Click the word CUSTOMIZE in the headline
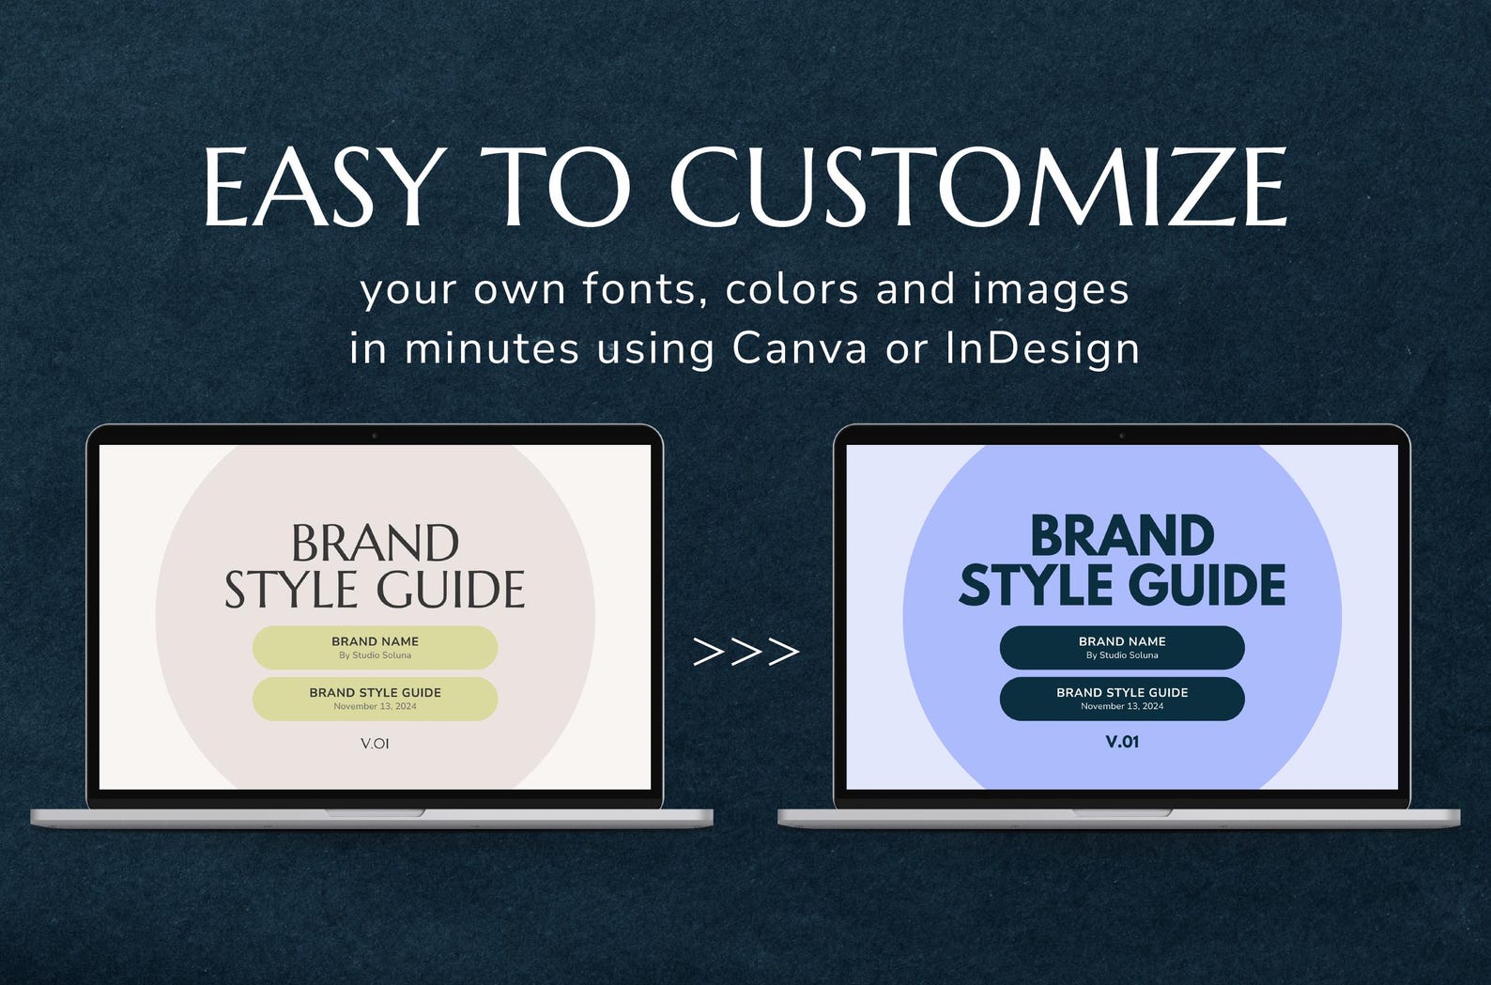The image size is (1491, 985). coord(977,187)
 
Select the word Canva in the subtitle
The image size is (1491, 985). coord(800,348)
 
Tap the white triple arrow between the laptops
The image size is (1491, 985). coord(745,651)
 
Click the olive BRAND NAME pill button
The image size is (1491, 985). coord(375,647)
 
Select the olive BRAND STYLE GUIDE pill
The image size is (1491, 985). coord(375,699)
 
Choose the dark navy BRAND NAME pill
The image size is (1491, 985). coord(1122,647)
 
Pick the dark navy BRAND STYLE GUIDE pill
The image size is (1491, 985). coord(1122,699)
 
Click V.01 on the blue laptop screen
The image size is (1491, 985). coord(1122,742)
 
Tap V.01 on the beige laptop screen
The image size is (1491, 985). coord(375,744)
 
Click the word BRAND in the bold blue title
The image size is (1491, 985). coord(1122,537)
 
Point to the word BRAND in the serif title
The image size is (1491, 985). coord(375,544)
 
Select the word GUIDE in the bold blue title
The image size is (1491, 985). coord(1207,586)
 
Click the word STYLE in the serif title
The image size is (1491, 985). coord(291,591)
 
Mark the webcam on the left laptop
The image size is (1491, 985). coord(375,436)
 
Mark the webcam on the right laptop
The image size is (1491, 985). coord(1122,436)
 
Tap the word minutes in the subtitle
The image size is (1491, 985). coord(492,348)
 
